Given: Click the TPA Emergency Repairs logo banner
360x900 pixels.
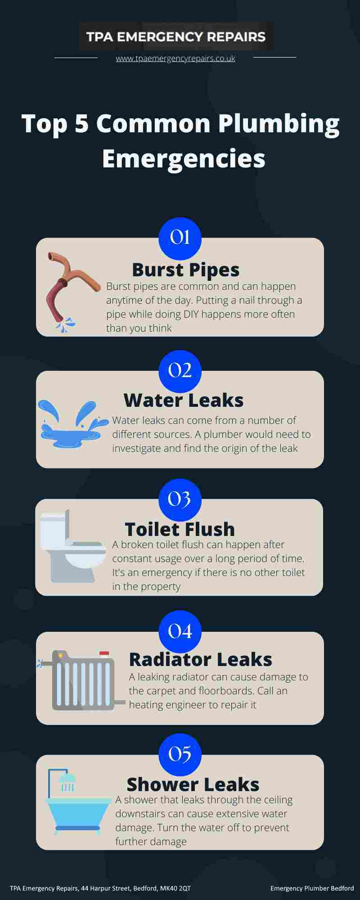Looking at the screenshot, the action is [176, 36].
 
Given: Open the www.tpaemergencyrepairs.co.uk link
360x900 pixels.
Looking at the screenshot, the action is [175, 58].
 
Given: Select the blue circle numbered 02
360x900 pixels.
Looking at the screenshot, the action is [180, 371].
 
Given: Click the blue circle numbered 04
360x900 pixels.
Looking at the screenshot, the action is [180, 631].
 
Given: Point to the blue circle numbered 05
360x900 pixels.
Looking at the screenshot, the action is [180, 755].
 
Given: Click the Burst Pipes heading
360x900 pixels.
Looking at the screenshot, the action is [185, 270].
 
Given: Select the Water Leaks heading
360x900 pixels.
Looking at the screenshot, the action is [184, 400].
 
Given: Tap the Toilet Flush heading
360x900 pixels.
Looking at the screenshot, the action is [180, 529].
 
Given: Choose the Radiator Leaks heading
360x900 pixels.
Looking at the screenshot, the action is [201, 659].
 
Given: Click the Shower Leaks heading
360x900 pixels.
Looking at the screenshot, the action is [193, 784].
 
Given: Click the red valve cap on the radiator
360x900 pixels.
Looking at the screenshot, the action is [104, 653].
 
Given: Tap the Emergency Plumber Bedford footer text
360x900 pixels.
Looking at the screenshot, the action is [312, 888].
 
